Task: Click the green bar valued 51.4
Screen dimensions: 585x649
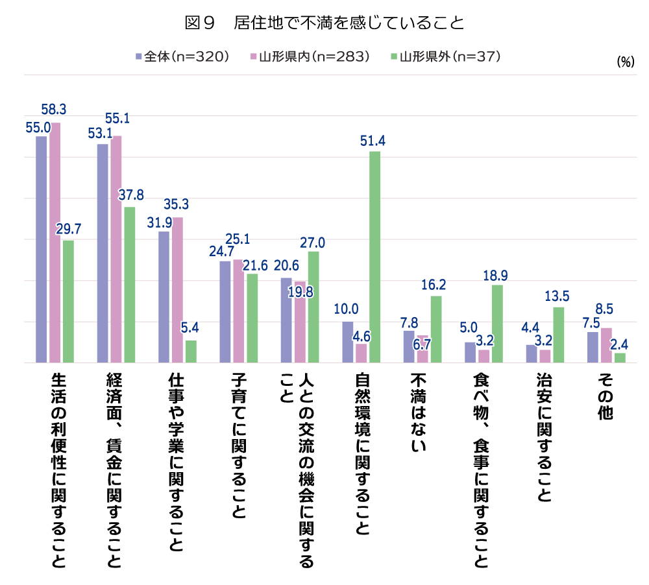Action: (x=375, y=257)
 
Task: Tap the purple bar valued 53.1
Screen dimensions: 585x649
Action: (x=103, y=253)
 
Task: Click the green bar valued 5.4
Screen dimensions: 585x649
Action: (x=191, y=352)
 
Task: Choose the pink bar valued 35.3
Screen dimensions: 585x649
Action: (x=178, y=290)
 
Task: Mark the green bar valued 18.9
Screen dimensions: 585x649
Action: (x=497, y=324)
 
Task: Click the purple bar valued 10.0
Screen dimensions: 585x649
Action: (x=348, y=342)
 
